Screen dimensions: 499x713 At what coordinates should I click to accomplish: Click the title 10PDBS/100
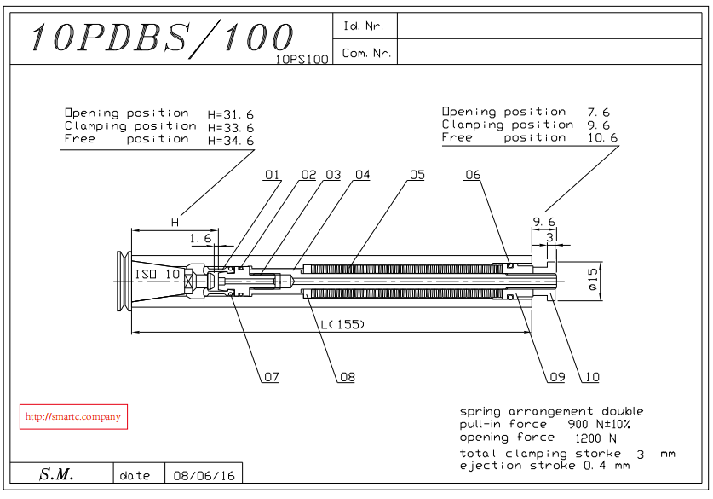[x=162, y=38]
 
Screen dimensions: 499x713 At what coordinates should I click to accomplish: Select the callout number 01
[x=272, y=175]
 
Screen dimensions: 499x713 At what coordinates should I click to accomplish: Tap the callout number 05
[x=417, y=175]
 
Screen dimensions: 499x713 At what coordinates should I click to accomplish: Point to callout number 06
[x=473, y=175]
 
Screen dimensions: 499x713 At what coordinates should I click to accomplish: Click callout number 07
[x=271, y=377]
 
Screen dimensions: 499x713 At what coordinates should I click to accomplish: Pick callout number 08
[x=347, y=377]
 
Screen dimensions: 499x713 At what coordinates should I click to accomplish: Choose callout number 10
[x=590, y=377]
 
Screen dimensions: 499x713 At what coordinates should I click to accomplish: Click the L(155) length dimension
[x=338, y=324]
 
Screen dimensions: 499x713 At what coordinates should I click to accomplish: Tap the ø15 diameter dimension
[x=592, y=278]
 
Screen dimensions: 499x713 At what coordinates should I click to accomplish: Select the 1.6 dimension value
[x=200, y=238]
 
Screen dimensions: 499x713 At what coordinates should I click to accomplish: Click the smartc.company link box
[x=73, y=417]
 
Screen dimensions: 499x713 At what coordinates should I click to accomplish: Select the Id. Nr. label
[x=364, y=26]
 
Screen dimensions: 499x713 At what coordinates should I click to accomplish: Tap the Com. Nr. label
[x=366, y=53]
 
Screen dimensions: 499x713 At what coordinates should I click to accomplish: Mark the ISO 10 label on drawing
[x=158, y=274]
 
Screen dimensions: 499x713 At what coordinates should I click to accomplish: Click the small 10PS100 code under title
[x=302, y=60]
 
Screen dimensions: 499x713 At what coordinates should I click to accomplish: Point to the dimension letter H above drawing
[x=175, y=223]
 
